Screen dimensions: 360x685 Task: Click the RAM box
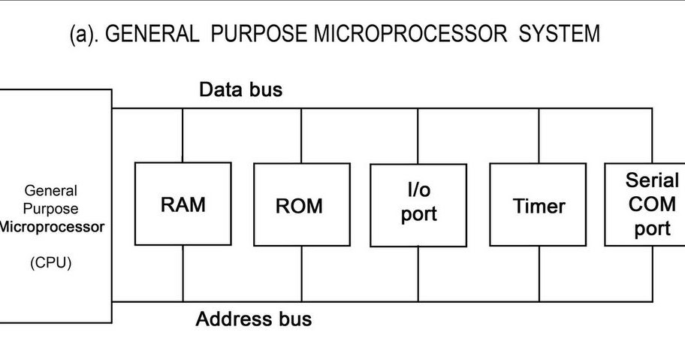(183, 204)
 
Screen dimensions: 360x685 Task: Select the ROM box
(301, 204)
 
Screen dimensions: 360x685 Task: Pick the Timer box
(539, 204)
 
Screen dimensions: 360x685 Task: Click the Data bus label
(240, 90)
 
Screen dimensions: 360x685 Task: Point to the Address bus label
(253, 319)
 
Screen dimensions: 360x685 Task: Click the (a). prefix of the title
(83, 35)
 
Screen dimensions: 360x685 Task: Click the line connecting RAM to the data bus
(183, 135)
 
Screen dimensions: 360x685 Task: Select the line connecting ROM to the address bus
(301, 274)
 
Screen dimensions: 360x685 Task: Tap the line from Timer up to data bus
(539, 135)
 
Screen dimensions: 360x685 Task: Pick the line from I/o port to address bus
(418, 274)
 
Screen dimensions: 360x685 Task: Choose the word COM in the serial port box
(652, 204)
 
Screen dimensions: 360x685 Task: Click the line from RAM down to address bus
(183, 274)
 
